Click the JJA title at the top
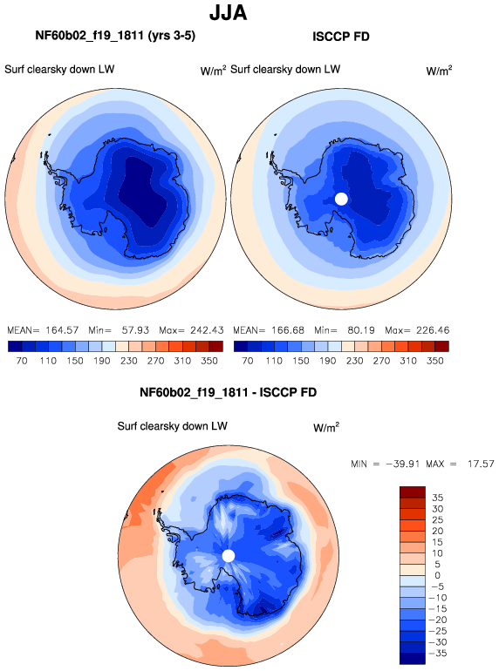228,12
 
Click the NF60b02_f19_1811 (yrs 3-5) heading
115,36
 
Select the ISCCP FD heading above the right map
341,37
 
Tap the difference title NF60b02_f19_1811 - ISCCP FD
228,392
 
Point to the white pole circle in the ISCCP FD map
341,199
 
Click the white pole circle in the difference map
229,556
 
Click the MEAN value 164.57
62,330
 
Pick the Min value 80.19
361,330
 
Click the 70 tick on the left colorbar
22,361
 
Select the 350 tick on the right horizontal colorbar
434,361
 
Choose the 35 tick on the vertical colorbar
437,498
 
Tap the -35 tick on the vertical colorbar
437,653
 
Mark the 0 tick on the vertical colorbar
437,575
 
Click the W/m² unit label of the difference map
326,427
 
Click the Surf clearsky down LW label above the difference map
172,426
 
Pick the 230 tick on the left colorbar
128,361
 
